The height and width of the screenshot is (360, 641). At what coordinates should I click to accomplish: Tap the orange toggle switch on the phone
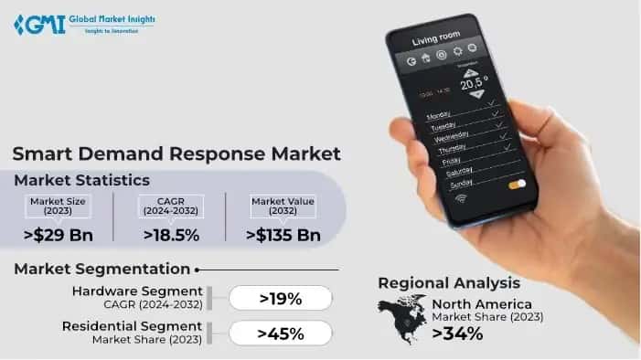coord(517,184)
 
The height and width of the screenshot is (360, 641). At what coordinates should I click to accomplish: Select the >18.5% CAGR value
coord(171,235)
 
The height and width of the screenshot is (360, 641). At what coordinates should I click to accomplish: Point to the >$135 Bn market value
coord(283,235)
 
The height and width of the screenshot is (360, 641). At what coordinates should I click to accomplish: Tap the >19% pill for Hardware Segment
coord(280,298)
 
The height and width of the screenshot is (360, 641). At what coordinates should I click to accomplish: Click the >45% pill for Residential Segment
coord(280,334)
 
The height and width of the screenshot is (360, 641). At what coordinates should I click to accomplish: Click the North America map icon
coord(402,321)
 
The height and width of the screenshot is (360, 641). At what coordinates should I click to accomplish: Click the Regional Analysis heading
coord(448,282)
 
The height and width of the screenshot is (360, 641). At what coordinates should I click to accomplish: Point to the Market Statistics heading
coord(81,180)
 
